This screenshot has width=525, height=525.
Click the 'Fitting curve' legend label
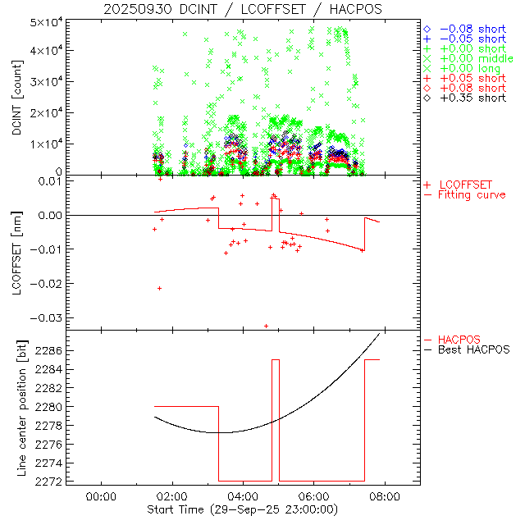point(471,194)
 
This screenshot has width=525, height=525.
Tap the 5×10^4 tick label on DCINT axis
point(45,22)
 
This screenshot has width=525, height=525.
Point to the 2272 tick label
point(49,481)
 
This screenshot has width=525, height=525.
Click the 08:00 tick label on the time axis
point(385,496)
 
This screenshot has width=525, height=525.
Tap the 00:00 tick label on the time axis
point(100,496)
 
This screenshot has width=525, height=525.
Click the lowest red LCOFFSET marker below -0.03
point(266,326)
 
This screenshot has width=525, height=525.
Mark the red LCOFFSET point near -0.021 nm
point(159,288)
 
